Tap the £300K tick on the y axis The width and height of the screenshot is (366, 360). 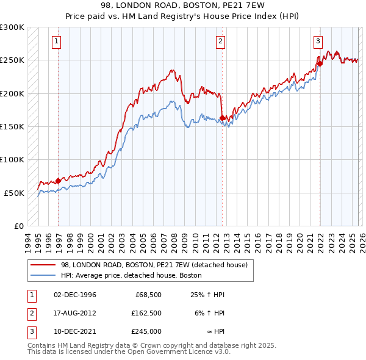(12, 27)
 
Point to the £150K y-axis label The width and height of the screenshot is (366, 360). (12, 126)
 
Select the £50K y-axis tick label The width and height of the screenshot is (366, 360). (14, 193)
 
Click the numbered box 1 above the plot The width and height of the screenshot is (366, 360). (56, 41)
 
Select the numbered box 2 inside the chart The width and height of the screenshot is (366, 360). (220, 41)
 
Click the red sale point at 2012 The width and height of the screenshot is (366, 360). (223, 118)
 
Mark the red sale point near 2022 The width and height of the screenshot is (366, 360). (320, 63)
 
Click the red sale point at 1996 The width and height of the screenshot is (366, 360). (59, 180)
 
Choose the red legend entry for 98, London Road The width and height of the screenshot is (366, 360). (154, 265)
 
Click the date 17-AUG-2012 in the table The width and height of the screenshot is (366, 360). (75, 313)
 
